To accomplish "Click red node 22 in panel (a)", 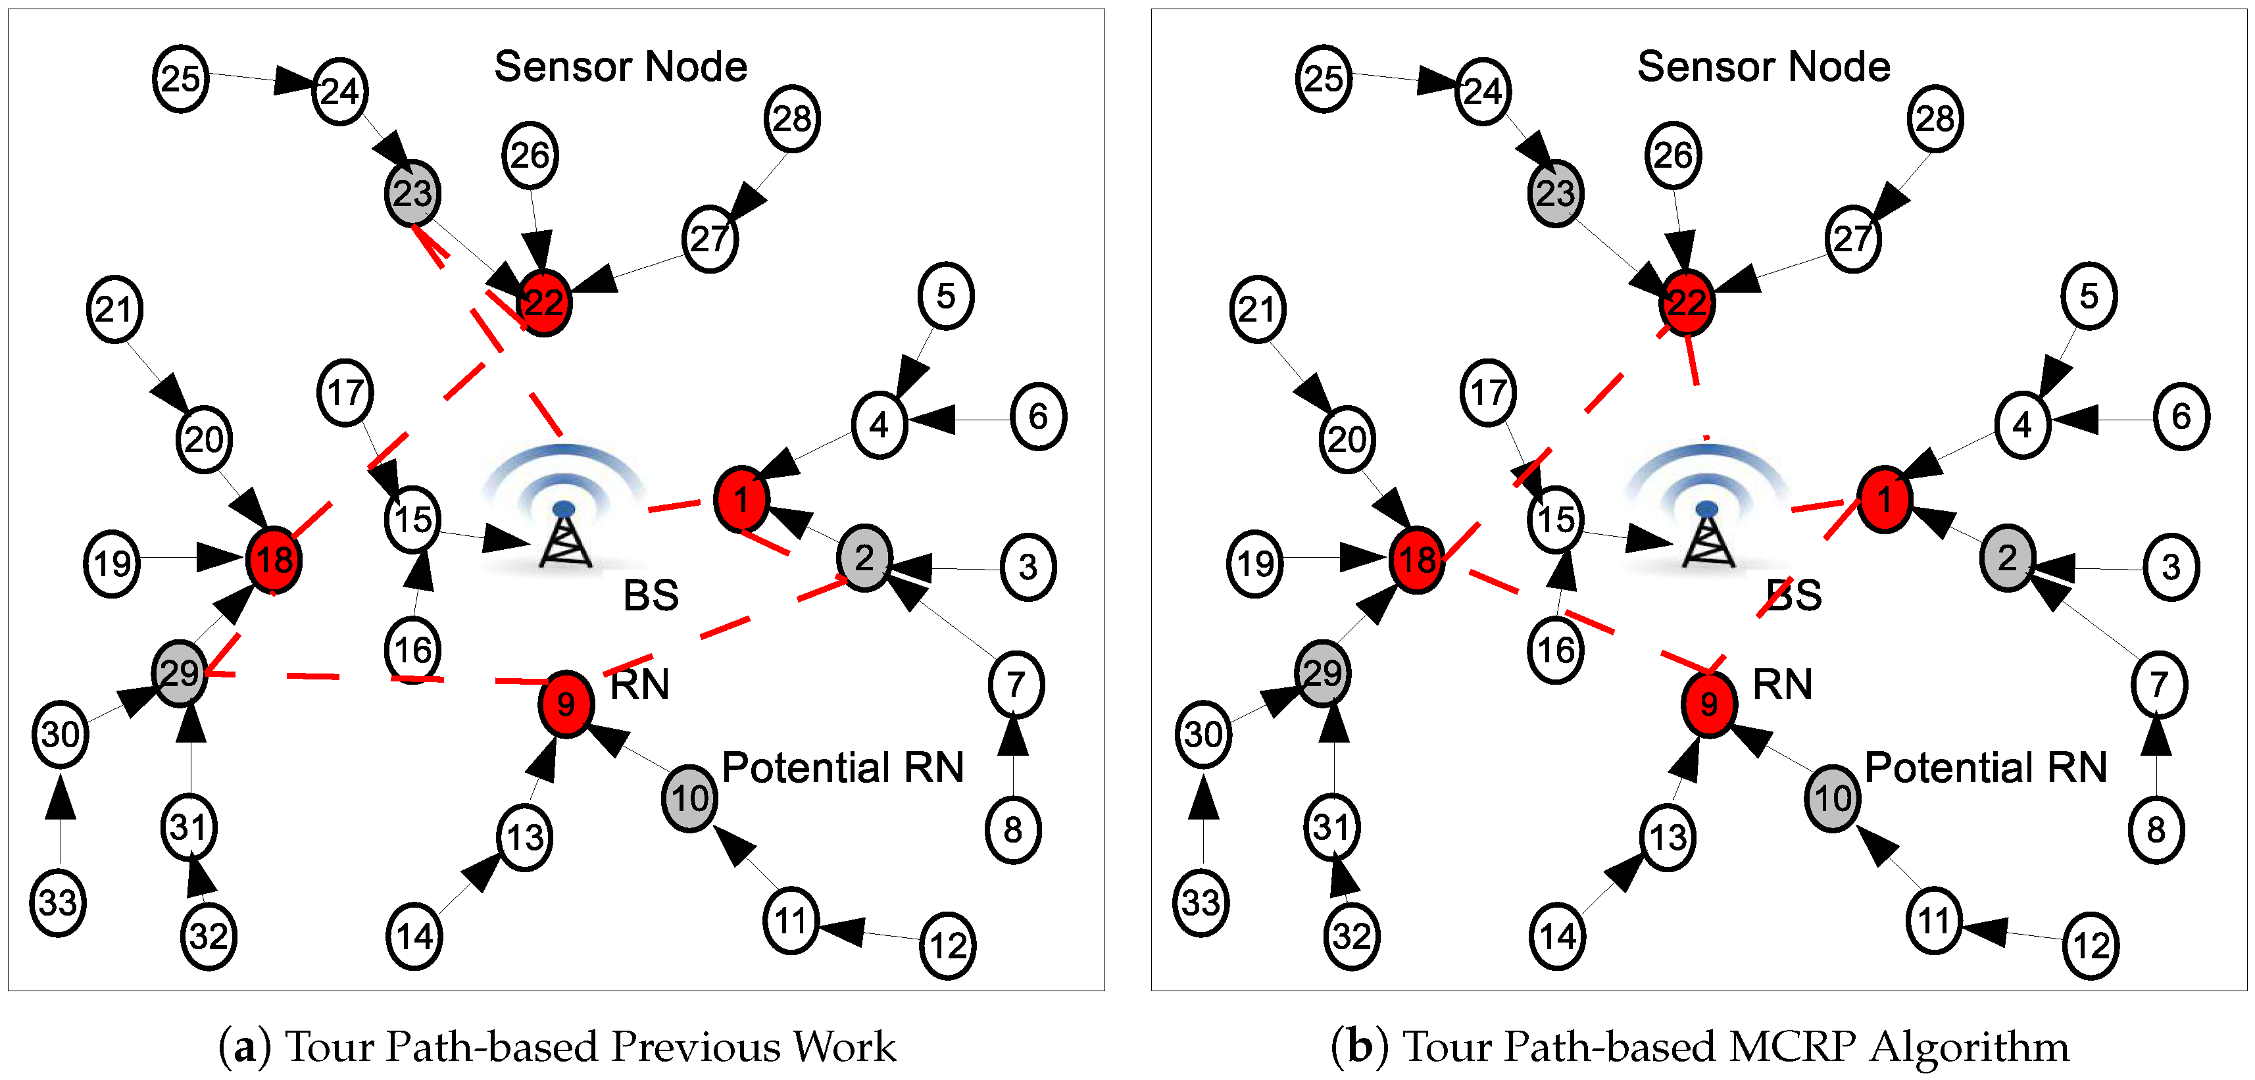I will [x=543, y=303].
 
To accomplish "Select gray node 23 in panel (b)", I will [x=1554, y=193].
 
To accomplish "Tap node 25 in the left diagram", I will [x=180, y=79].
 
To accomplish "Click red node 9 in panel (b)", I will [x=1709, y=704].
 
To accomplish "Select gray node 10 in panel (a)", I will [x=690, y=798].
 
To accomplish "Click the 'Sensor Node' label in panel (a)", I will [x=620, y=66].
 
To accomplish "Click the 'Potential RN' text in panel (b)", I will [x=1985, y=768].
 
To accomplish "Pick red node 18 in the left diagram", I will [x=274, y=560].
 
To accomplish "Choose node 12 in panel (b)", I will [x=2091, y=945].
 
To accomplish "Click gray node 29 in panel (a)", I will [x=180, y=673].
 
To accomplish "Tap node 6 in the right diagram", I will [x=2181, y=416].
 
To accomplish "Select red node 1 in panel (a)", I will [x=741, y=499].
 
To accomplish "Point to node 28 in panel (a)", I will [x=791, y=119].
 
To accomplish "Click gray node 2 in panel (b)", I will [x=2006, y=558].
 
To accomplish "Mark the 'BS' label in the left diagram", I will [x=651, y=595].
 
